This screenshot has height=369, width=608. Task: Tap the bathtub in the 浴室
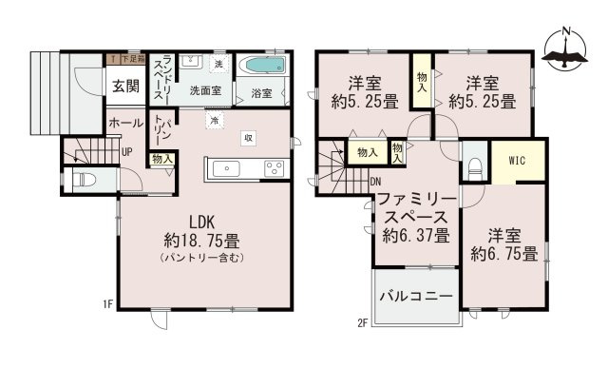(261, 68)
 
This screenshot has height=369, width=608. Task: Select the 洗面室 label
(205, 92)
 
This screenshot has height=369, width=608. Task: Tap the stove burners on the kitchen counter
(275, 168)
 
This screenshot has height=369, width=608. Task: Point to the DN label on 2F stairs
(375, 183)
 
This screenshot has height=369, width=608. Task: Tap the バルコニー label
(416, 297)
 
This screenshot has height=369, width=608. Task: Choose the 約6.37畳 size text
(416, 237)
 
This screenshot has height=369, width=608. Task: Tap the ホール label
(125, 123)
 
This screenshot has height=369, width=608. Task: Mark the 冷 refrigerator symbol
(215, 122)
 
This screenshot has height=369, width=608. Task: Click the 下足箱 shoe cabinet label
(127, 59)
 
